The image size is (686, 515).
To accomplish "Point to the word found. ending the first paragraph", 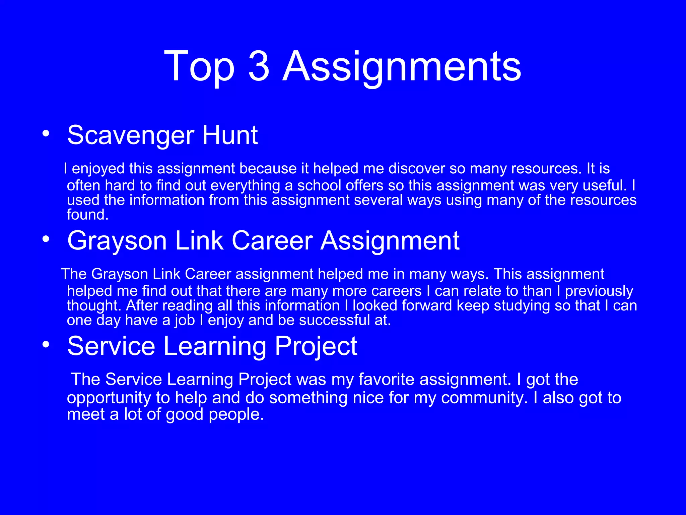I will click(88, 215).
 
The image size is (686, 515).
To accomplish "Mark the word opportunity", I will click(109, 398).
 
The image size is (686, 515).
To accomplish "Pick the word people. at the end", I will click(236, 415).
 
